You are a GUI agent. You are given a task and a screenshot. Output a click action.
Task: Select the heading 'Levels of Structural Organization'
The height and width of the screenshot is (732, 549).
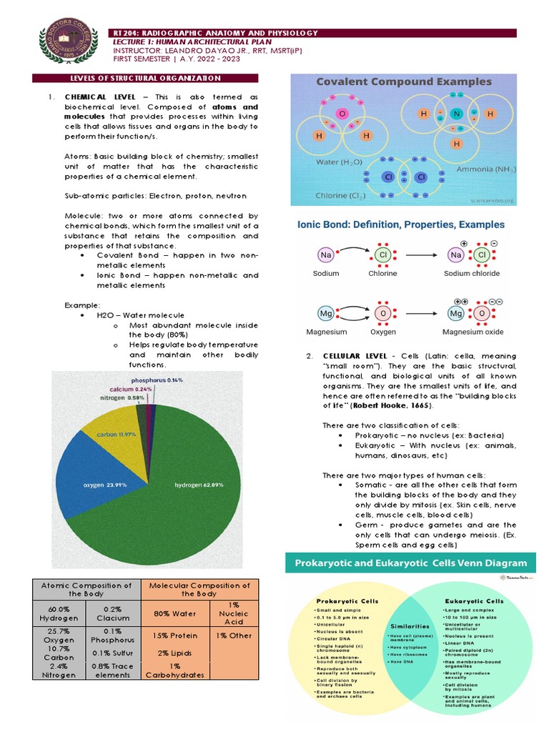(145, 78)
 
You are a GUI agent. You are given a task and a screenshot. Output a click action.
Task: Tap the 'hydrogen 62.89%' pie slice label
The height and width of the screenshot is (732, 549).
(199, 485)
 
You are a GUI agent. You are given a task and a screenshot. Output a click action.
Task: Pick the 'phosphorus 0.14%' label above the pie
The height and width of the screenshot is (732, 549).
(157, 380)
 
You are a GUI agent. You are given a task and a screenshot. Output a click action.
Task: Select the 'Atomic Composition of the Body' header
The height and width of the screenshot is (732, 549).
(86, 589)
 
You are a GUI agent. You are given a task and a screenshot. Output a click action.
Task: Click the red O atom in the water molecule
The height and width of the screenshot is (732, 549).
(342, 114)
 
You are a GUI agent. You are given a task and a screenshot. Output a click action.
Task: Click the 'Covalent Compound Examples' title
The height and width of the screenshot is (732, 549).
(404, 81)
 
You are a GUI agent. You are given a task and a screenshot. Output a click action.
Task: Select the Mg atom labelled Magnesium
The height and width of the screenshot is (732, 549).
(326, 314)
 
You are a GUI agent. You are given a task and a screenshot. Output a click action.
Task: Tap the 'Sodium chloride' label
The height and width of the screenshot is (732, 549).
(472, 273)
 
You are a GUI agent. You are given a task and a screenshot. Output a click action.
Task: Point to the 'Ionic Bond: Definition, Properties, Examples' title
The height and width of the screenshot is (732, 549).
(400, 224)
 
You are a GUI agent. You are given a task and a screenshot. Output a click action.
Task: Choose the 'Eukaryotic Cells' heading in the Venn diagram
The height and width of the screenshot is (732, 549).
(474, 601)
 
